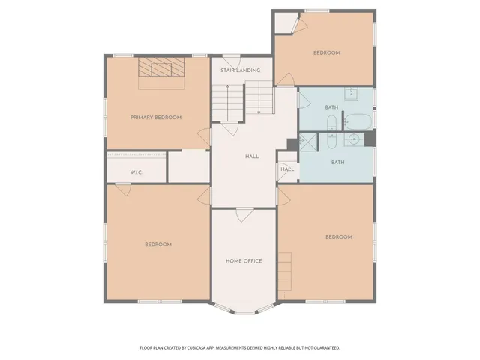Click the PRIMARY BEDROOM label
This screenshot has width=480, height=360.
[x=156, y=118]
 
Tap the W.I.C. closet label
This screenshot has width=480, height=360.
[x=136, y=172]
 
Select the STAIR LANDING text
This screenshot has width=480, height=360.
[x=240, y=70]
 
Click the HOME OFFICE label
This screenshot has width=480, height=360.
[x=244, y=261]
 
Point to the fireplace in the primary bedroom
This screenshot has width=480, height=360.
[x=161, y=69]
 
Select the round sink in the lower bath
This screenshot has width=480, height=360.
[x=355, y=140]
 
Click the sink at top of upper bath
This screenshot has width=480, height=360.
[x=353, y=94]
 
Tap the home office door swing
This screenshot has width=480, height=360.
[x=244, y=215]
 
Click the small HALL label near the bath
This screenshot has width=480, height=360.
[x=287, y=169]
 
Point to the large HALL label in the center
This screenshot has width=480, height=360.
[x=252, y=157]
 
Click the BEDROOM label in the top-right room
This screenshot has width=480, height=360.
[x=327, y=52]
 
